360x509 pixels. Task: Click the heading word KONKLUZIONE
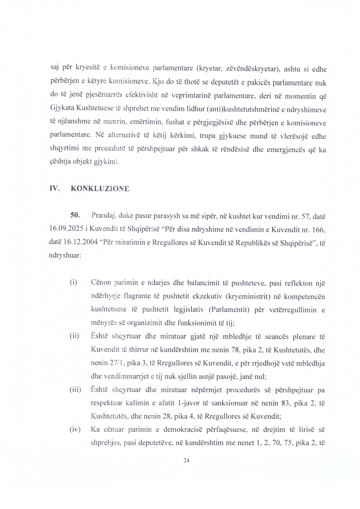coord(100,189)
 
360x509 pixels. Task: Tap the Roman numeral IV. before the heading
coord(54,189)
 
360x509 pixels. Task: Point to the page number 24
coord(187,460)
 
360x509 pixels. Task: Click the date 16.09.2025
coord(66,229)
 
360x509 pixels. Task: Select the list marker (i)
coord(73,282)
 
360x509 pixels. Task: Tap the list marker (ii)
coord(74,336)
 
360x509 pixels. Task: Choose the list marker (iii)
coord(75,390)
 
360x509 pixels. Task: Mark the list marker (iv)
coord(75,429)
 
